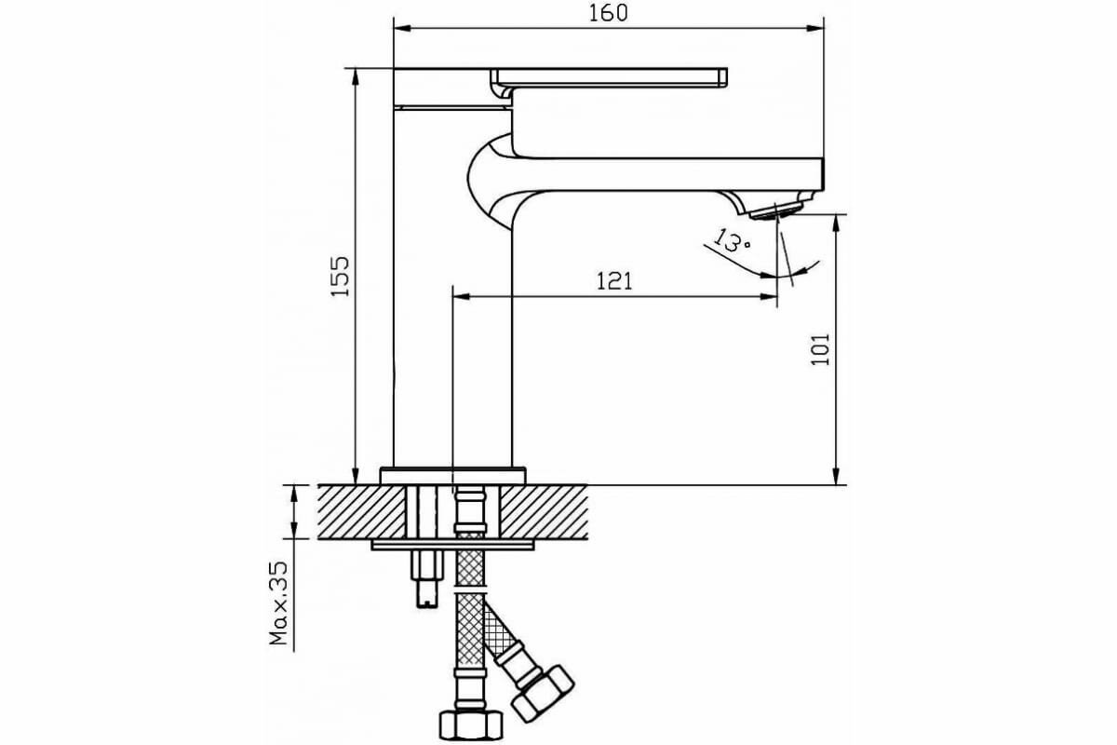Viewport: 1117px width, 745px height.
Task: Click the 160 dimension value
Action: click(609, 13)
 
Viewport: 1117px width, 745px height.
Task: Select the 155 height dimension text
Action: click(341, 275)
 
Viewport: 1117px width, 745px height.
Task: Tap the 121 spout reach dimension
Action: click(613, 280)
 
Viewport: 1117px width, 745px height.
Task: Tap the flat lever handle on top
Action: click(610, 76)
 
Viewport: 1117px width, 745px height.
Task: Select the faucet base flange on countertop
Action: click(452, 475)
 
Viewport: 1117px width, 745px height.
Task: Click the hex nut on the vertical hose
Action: click(470, 722)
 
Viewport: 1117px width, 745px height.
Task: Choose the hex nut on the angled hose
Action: click(545, 692)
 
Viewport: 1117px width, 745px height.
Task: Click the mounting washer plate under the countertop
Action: click(452, 544)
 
